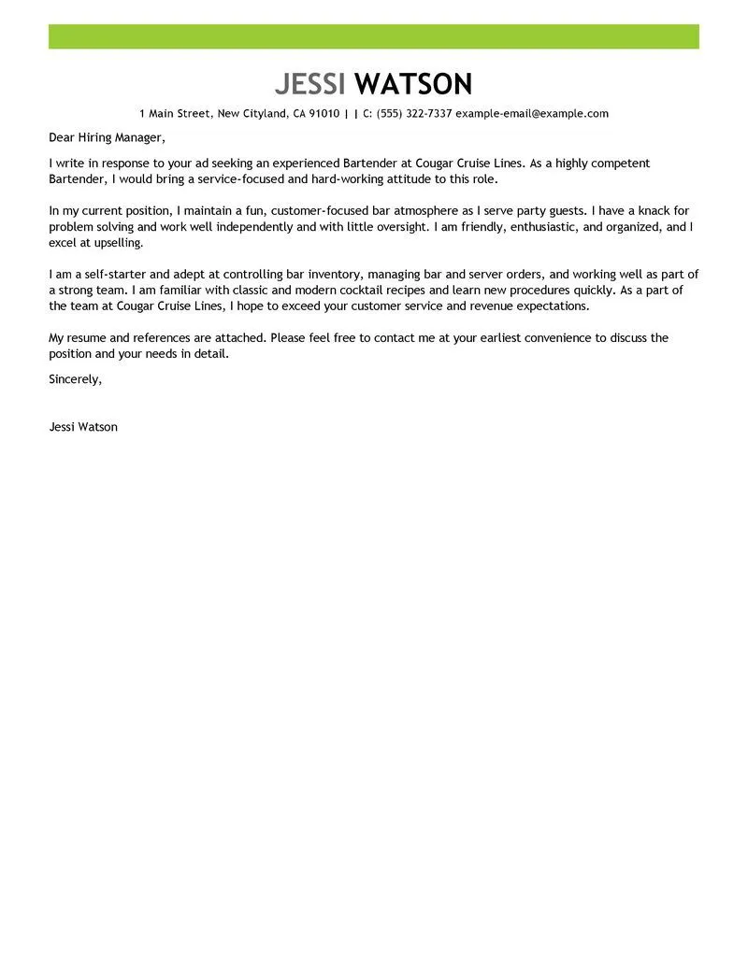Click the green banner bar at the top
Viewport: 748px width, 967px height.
[x=374, y=36]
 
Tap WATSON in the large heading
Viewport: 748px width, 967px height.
[x=415, y=84]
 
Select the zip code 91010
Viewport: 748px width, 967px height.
[x=323, y=114]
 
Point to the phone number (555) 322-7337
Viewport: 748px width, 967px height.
[x=414, y=114]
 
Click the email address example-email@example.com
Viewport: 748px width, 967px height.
[x=532, y=114]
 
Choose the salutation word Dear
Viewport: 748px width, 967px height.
[x=63, y=138]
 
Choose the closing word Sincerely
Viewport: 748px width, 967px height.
[x=75, y=378]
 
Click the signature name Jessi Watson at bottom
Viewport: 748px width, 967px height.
[x=83, y=427]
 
